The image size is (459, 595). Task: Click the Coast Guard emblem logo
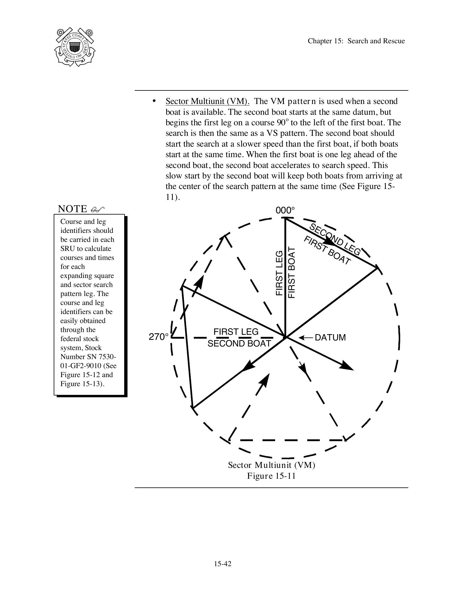point(74,47)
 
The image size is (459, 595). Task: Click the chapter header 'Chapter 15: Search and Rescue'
point(356,41)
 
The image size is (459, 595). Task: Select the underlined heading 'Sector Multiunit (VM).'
point(207,101)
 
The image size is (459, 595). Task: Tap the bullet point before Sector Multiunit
point(154,101)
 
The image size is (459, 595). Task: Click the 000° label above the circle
point(285,210)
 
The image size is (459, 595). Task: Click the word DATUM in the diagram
point(330,337)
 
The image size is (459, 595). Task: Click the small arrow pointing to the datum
point(306,338)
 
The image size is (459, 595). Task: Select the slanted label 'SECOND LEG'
point(334,240)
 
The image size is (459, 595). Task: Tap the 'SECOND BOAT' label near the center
point(239,343)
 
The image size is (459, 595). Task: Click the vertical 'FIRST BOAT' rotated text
point(292,273)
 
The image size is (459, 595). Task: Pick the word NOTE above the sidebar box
point(72,209)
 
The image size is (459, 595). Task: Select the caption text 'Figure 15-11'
point(271,476)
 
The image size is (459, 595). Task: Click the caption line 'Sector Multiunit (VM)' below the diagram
point(271,465)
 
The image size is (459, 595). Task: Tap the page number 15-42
point(223,563)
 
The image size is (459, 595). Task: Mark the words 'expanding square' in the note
point(87,276)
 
